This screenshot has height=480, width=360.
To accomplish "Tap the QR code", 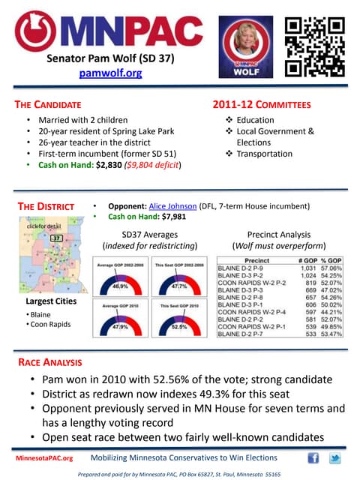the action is (315, 46).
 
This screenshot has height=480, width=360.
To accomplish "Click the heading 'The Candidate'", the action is (51, 105).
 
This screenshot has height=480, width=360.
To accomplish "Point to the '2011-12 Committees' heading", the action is (262, 105).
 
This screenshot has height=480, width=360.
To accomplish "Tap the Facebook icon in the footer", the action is (313, 458).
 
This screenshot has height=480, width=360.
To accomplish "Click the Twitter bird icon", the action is (334, 458).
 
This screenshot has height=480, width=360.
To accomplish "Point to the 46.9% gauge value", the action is (120, 286).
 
